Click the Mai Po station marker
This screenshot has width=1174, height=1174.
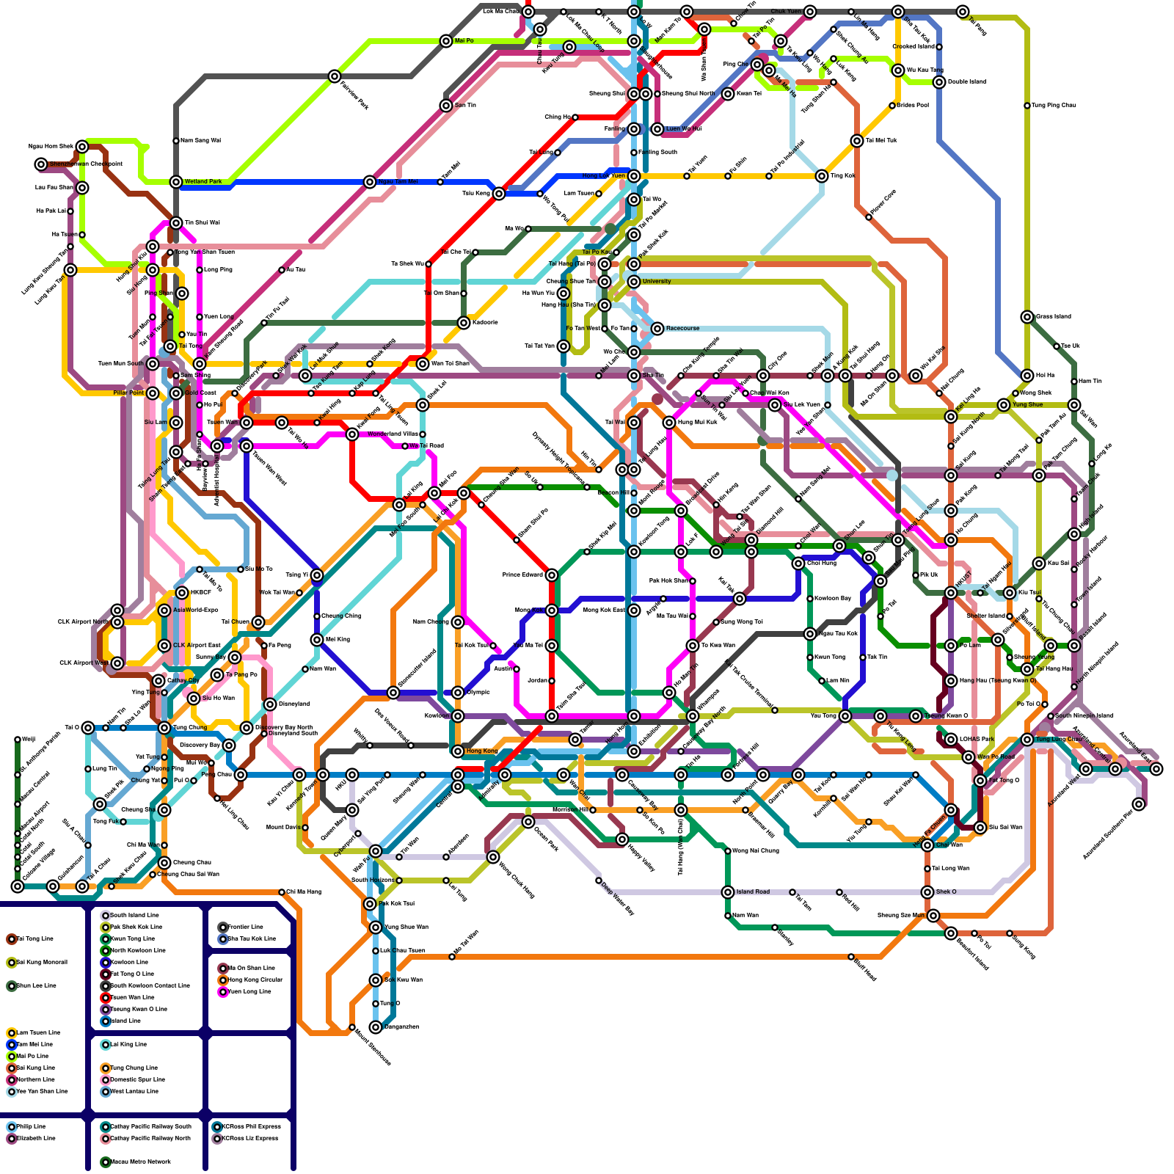click(446, 41)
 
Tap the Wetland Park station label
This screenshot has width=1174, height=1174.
click(203, 181)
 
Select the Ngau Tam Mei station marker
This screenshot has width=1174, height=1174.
click(370, 182)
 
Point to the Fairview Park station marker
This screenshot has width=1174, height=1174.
click(335, 76)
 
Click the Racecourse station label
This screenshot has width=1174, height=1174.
click(682, 328)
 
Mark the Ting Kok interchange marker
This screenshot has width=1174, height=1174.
click(822, 176)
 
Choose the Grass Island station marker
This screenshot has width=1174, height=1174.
click(1027, 317)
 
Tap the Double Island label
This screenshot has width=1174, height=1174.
click(966, 81)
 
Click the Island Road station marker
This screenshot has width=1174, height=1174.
click(728, 892)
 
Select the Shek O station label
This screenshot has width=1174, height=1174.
click(947, 892)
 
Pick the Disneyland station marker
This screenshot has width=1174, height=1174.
click(270, 704)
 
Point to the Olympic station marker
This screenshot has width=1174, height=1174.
click(458, 693)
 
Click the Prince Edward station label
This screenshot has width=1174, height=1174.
click(522, 575)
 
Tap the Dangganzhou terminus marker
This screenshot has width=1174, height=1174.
click(376, 1027)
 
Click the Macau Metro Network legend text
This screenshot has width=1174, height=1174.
click(140, 1162)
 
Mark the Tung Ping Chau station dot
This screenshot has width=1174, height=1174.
click(1027, 106)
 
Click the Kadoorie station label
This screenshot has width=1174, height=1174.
click(485, 322)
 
